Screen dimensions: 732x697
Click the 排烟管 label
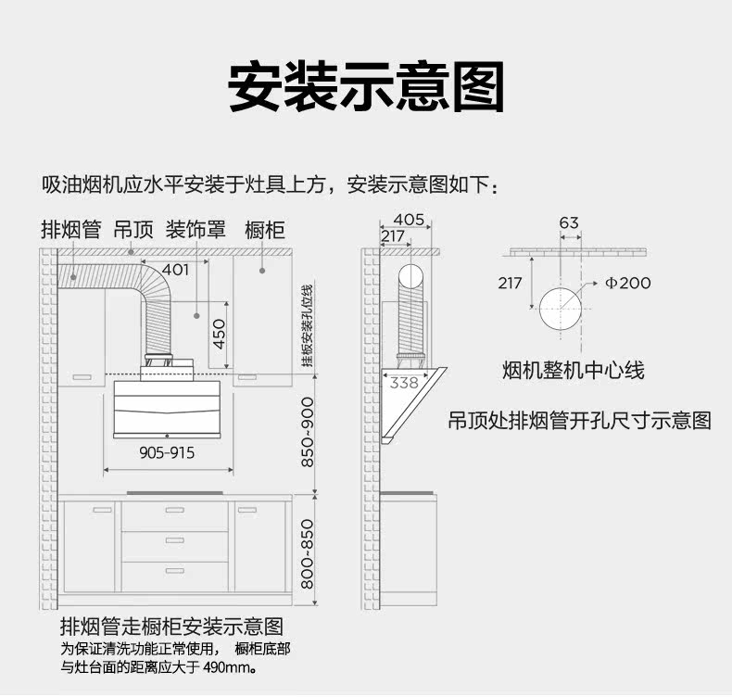pos(70,229)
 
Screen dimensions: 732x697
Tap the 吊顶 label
pos(133,229)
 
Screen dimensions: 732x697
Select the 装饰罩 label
pos(196,229)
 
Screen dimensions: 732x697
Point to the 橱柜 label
pos(264,229)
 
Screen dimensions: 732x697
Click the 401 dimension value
pos(176,270)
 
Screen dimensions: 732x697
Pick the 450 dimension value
pos(220,334)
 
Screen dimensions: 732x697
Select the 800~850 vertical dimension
pos(308,554)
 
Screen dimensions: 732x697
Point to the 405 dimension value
pos(409,220)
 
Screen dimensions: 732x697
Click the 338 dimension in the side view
pos(404,382)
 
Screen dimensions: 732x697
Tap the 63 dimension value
pos(569,222)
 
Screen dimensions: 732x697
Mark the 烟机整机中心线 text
pos(573,371)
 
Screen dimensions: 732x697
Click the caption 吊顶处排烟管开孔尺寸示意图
pos(580,421)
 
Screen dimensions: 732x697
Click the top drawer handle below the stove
pos(175,510)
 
